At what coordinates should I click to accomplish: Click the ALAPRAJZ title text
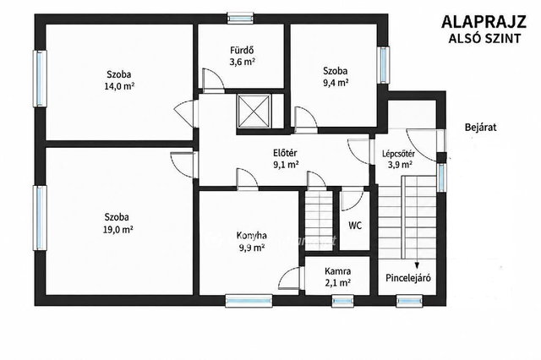[x=484, y=22]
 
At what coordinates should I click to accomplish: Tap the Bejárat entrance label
[x=481, y=128]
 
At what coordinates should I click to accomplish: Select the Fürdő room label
[x=243, y=51]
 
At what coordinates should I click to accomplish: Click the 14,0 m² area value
[x=119, y=86]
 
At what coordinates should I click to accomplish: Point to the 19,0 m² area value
[x=118, y=229]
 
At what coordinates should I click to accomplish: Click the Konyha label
[x=252, y=236]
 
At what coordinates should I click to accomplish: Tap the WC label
[x=355, y=226]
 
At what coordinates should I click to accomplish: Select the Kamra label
[x=338, y=271]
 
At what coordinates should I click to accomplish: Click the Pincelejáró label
[x=408, y=278]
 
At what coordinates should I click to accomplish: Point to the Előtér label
[x=285, y=153]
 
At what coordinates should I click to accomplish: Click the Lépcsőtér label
[x=398, y=154]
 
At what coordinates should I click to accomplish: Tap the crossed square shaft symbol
[x=254, y=111]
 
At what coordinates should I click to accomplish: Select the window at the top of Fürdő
[x=240, y=19]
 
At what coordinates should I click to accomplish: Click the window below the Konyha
[x=249, y=301]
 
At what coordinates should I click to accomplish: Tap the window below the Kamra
[x=342, y=301]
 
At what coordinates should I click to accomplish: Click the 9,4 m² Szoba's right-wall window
[x=383, y=65]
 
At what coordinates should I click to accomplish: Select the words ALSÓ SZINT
[x=484, y=39]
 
